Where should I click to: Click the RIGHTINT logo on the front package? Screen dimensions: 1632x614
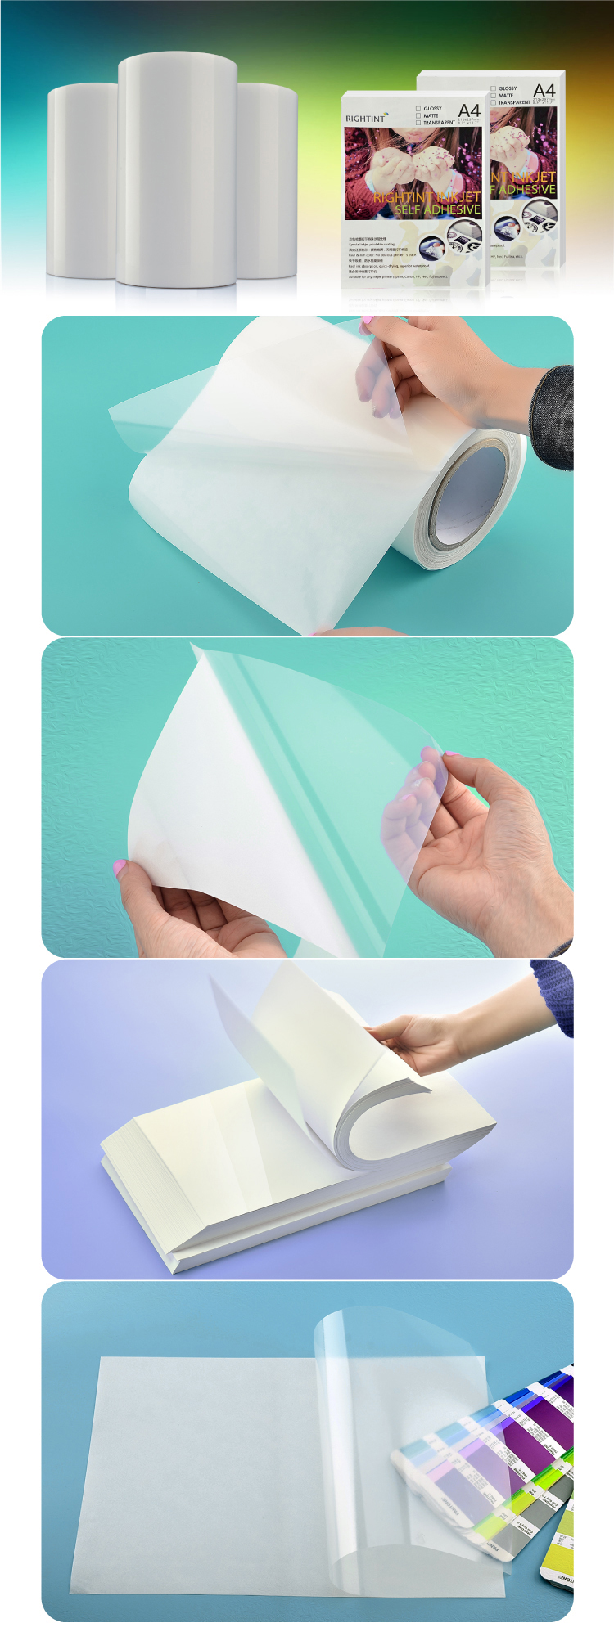tap(366, 119)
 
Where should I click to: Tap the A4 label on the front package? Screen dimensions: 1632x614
tap(469, 110)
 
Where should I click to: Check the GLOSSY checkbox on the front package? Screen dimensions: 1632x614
tap(418, 108)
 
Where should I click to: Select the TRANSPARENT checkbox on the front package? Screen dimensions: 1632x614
tap(418, 123)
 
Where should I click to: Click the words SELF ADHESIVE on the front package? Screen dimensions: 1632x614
tap(437, 209)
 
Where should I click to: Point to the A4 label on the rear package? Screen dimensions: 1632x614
tap(544, 90)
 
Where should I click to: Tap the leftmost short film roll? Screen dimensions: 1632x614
tap(82, 180)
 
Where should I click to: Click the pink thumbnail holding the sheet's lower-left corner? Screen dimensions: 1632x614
tap(120, 867)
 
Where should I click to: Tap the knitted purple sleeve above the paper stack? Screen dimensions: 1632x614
tap(553, 994)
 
